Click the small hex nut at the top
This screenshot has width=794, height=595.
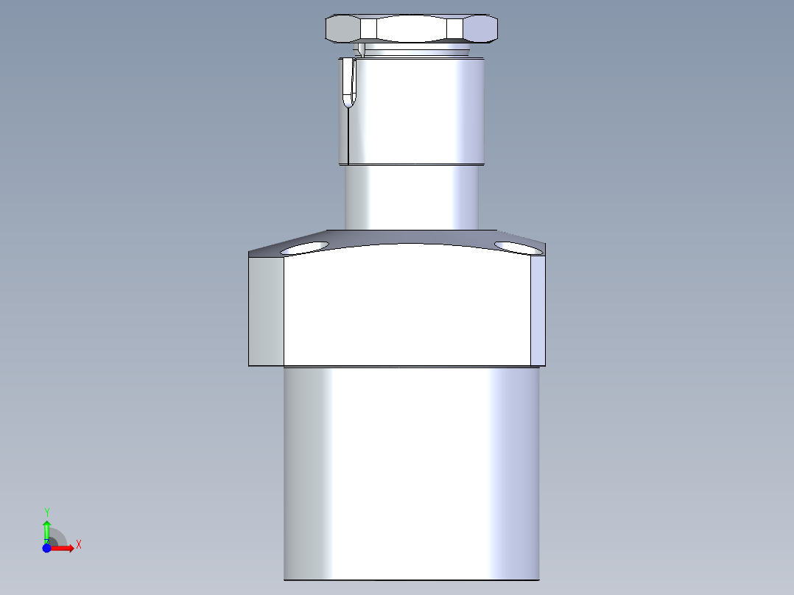click(x=412, y=29)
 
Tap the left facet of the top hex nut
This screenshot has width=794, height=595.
click(x=342, y=29)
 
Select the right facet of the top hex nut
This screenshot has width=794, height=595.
click(x=482, y=29)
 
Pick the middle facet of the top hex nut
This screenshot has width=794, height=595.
click(x=412, y=29)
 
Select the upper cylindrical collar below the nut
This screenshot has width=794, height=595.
click(x=416, y=110)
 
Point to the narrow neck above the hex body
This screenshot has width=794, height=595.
click(x=412, y=197)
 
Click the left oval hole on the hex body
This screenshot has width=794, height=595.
click(x=304, y=247)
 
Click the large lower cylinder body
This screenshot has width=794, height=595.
click(x=411, y=471)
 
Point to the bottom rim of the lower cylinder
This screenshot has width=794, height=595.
click(x=411, y=579)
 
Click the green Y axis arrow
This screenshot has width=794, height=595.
click(x=46, y=529)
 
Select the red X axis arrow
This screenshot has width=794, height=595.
click(x=65, y=548)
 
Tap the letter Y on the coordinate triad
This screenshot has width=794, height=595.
click(x=46, y=511)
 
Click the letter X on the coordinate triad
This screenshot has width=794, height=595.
click(x=78, y=545)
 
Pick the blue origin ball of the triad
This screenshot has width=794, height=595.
click(x=46, y=549)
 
